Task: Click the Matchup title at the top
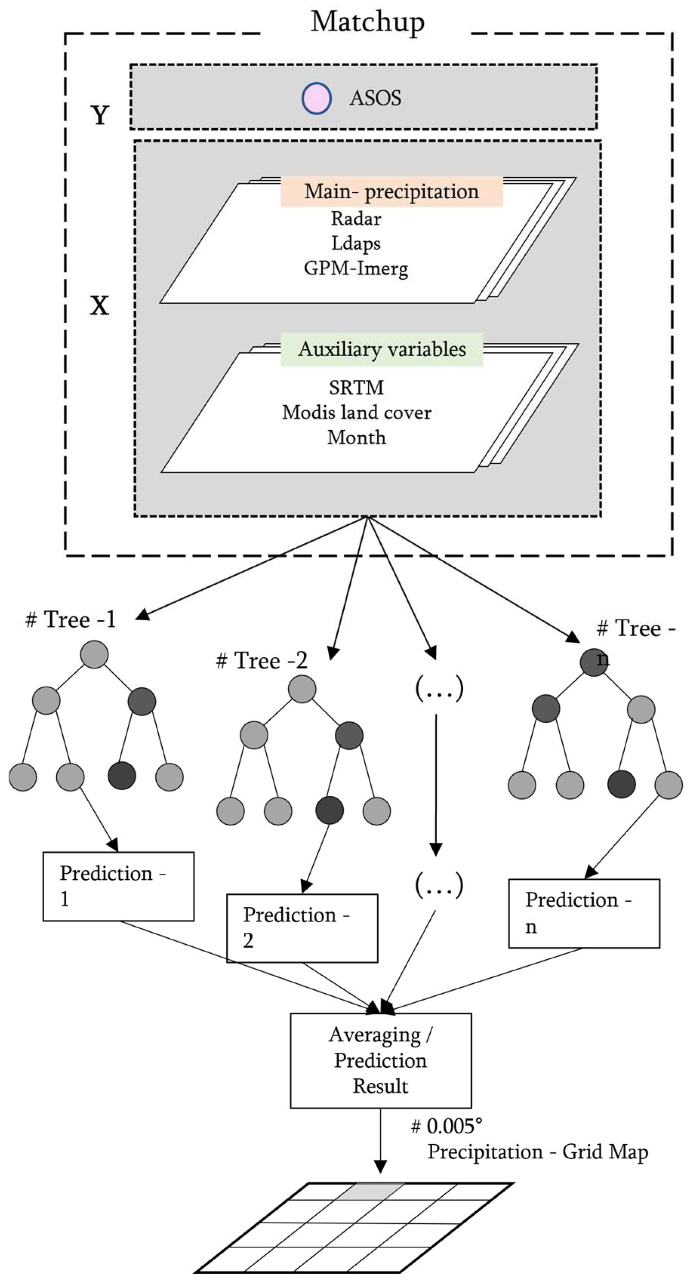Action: coord(368,22)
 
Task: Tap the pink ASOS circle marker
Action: coord(316,98)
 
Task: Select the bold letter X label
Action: coord(99,305)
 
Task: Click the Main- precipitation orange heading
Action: coord(391,192)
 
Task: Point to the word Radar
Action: coord(356,218)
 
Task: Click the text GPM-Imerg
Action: coord(356,268)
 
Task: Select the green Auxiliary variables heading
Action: coord(382,349)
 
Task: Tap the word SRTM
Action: coord(356,387)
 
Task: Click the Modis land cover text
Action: coord(356,412)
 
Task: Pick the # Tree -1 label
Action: coord(71,620)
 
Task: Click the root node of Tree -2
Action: coord(302,689)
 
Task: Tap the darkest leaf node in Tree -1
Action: coord(121,775)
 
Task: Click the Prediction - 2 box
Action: coord(302,928)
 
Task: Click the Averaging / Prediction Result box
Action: coord(380,1060)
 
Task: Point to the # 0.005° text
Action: coord(447,1126)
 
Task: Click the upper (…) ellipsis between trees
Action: coord(439,689)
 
